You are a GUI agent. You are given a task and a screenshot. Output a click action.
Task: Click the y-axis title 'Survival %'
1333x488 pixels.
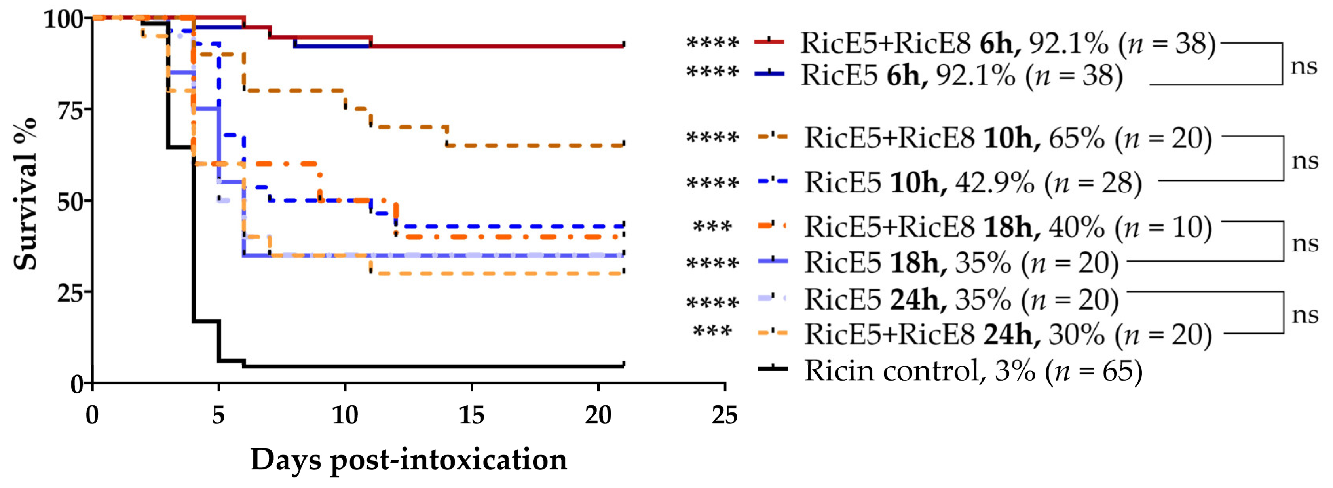pos(25,194)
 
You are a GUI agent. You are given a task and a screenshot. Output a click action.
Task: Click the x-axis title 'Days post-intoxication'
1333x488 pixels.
pos(408,460)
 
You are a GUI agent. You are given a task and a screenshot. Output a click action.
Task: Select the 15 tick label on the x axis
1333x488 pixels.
pos(471,415)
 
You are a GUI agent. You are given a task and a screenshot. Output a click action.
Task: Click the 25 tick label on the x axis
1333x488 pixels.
pos(724,415)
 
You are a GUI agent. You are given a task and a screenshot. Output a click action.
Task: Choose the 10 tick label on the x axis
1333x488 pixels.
pos(345,415)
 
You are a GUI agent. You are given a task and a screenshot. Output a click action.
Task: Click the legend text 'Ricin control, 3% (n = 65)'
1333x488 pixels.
pos(973,371)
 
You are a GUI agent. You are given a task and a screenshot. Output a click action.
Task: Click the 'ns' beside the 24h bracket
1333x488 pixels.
pos(1304,314)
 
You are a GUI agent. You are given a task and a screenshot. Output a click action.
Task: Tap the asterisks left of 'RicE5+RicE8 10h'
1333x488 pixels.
pos(712,138)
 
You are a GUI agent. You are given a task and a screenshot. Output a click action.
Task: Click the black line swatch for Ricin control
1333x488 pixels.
pos(772,368)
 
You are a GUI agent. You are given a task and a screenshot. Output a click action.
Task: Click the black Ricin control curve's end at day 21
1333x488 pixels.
pos(623,365)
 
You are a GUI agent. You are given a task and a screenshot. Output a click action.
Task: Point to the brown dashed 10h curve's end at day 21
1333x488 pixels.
pos(623,145)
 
